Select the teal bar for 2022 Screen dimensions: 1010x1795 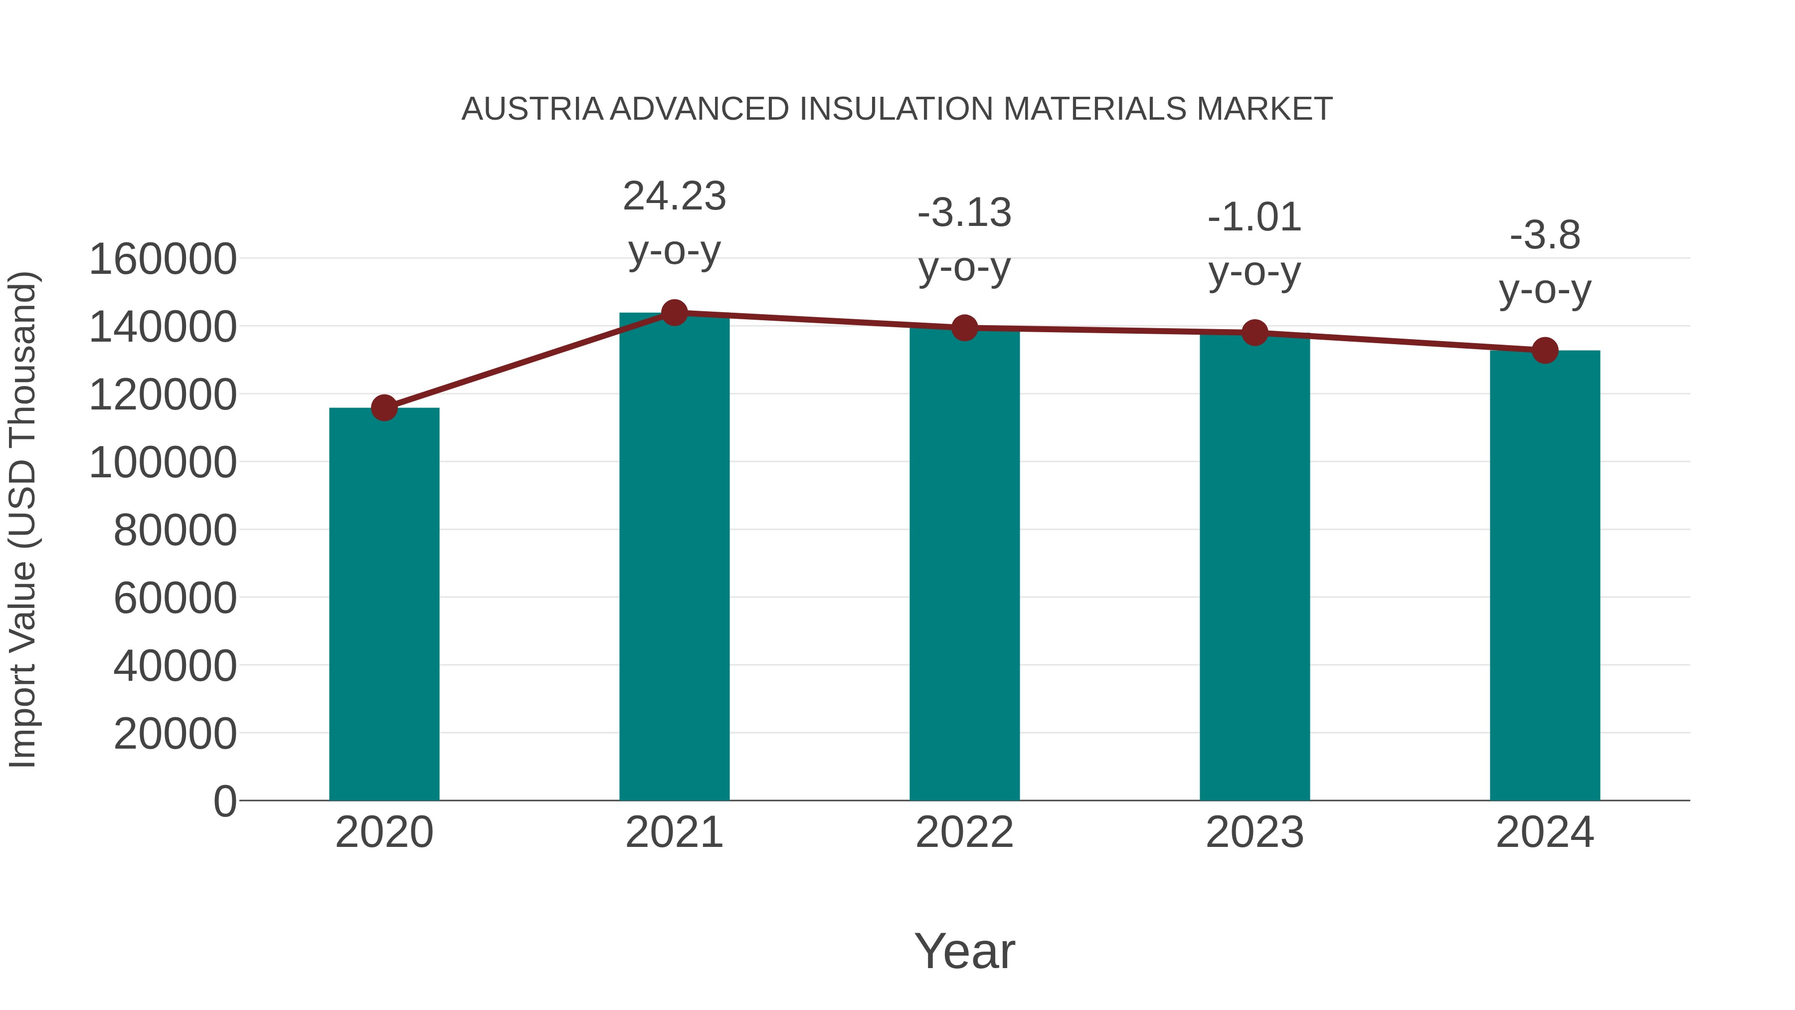tap(964, 565)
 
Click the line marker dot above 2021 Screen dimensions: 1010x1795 tap(674, 313)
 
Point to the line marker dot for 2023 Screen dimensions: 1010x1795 tap(1255, 333)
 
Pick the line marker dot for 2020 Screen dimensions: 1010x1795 tap(384, 408)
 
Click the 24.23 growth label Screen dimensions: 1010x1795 tap(674, 197)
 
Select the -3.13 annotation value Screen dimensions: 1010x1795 tap(964, 213)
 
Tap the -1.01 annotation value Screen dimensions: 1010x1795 tap(1255, 217)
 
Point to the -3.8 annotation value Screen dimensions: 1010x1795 tap(1545, 235)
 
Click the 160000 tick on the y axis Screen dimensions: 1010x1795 tap(163, 259)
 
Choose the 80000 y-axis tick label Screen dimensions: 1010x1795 tap(175, 531)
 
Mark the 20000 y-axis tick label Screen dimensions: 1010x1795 tap(175, 734)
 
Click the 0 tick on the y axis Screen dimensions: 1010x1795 tap(225, 802)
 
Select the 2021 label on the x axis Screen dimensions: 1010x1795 tap(674, 833)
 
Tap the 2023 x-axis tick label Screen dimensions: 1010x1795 tap(1255, 833)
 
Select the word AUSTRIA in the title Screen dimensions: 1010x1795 tap(533, 109)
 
